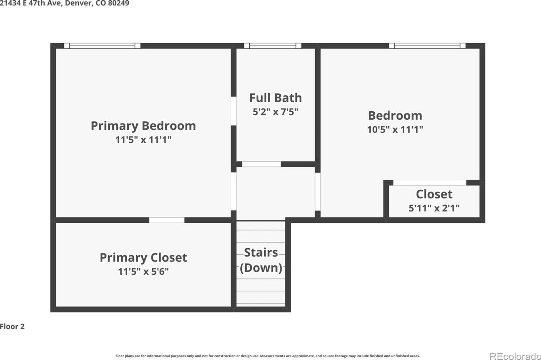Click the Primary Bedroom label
(x=143, y=126)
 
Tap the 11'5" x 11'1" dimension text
(x=143, y=140)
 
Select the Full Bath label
(x=276, y=98)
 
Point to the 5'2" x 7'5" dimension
(x=276, y=112)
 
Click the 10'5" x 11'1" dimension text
(x=395, y=130)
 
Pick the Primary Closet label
(x=143, y=258)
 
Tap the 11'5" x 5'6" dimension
(x=143, y=272)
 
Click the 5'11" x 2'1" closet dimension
(x=434, y=208)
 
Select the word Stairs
(x=261, y=253)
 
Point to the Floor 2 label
(x=12, y=327)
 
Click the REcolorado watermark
(x=515, y=356)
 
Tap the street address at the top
(x=65, y=3)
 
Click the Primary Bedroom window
(x=102, y=46)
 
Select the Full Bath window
(x=273, y=46)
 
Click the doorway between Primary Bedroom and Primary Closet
(x=167, y=220)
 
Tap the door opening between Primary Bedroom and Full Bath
(x=233, y=111)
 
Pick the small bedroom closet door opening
(x=430, y=183)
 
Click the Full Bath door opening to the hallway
(x=261, y=164)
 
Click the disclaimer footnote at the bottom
(x=268, y=356)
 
